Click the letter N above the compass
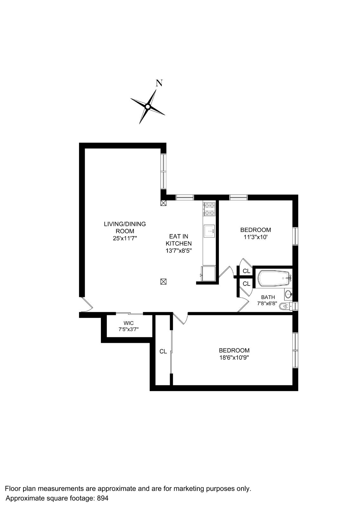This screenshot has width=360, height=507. coord(159,83)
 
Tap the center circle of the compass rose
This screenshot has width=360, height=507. coord(147,107)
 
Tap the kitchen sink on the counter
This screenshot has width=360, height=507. coord(209,231)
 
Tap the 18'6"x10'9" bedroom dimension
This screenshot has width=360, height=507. coord(234,358)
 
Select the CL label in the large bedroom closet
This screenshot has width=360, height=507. coord(163,351)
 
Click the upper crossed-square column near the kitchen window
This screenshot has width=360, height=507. coord(163,203)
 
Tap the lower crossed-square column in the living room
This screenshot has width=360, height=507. coord(163,281)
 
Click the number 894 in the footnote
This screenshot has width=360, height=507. coord(102,498)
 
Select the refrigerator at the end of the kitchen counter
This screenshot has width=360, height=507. coord(208,273)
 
